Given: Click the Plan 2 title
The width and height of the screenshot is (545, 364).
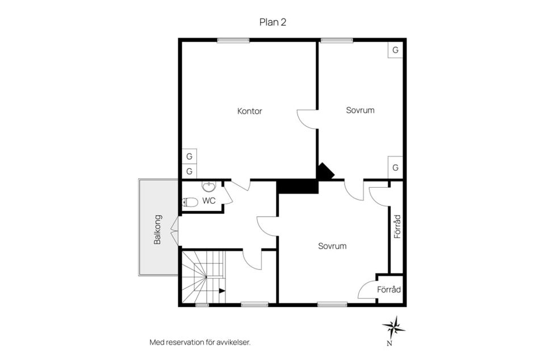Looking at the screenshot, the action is pyautogui.click(x=273, y=22).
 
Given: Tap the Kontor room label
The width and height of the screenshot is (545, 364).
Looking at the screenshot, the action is pyautogui.click(x=250, y=111).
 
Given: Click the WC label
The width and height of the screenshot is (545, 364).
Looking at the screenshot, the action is pyautogui.click(x=209, y=201).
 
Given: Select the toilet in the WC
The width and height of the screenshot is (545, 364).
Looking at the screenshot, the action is pyautogui.click(x=190, y=202).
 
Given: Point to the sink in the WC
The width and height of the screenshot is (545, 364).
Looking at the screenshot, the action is pyautogui.click(x=208, y=187).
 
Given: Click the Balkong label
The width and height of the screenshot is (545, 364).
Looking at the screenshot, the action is pyautogui.click(x=157, y=230).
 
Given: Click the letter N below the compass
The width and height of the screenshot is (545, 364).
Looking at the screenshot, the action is pyautogui.click(x=389, y=344).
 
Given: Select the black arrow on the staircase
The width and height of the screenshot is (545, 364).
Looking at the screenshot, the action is pyautogui.click(x=222, y=291).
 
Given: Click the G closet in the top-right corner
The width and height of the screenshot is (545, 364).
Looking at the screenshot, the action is pyautogui.click(x=395, y=50).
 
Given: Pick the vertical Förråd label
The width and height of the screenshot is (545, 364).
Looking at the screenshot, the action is pyautogui.click(x=397, y=226).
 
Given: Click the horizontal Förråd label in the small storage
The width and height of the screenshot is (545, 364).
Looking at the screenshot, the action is pyautogui.click(x=389, y=289).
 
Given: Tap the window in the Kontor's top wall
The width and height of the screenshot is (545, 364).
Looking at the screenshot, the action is pyautogui.click(x=233, y=40).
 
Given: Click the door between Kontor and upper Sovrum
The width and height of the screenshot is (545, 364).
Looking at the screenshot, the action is pyautogui.click(x=307, y=119).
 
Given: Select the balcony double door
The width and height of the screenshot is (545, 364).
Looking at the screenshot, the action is pyautogui.click(x=175, y=230).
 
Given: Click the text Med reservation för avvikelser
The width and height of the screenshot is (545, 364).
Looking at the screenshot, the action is pyautogui.click(x=200, y=342).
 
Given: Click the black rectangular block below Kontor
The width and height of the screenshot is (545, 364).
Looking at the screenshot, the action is pyautogui.click(x=298, y=187).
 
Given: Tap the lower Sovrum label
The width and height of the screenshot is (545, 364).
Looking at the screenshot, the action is pyautogui.click(x=332, y=246).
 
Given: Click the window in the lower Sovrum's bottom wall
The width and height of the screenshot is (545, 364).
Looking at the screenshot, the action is pyautogui.click(x=332, y=305).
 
